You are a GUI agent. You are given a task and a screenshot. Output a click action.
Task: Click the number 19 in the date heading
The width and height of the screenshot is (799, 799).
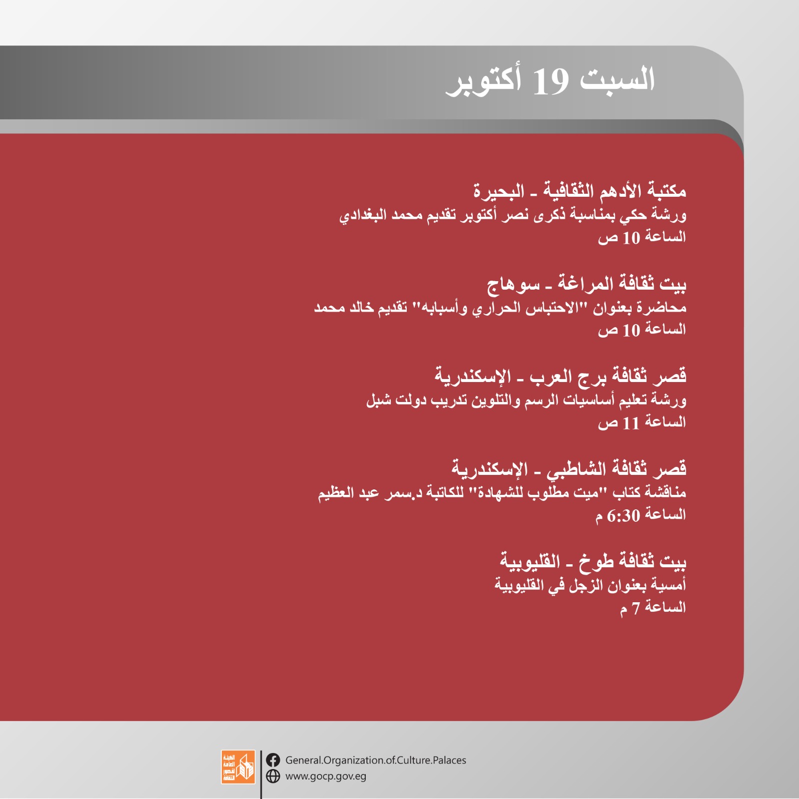point(551,81)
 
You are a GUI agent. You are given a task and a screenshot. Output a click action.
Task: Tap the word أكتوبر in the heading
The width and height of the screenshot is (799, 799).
point(484,81)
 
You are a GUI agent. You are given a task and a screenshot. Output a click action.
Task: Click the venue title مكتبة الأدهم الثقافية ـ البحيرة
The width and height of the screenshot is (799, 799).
point(580,190)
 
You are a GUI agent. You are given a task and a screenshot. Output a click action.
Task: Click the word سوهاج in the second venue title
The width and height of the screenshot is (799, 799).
point(513,284)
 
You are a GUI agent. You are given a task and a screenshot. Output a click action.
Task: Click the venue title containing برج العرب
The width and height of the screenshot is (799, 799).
point(560,376)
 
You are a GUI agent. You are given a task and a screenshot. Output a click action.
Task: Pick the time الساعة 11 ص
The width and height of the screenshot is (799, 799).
point(642,422)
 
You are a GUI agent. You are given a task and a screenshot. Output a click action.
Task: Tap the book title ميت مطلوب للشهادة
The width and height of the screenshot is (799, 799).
point(537,492)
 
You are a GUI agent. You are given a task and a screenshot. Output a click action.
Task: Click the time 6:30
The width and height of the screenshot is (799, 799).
point(624,515)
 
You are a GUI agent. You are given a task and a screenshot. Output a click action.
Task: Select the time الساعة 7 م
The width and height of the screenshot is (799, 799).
point(653,608)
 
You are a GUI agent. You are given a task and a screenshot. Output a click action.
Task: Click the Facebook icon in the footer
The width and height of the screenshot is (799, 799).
point(273,760)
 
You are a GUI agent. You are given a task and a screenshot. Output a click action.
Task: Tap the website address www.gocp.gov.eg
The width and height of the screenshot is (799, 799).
point(326,777)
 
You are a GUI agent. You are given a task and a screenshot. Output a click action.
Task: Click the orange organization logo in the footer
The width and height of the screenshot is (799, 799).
point(238,767)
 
